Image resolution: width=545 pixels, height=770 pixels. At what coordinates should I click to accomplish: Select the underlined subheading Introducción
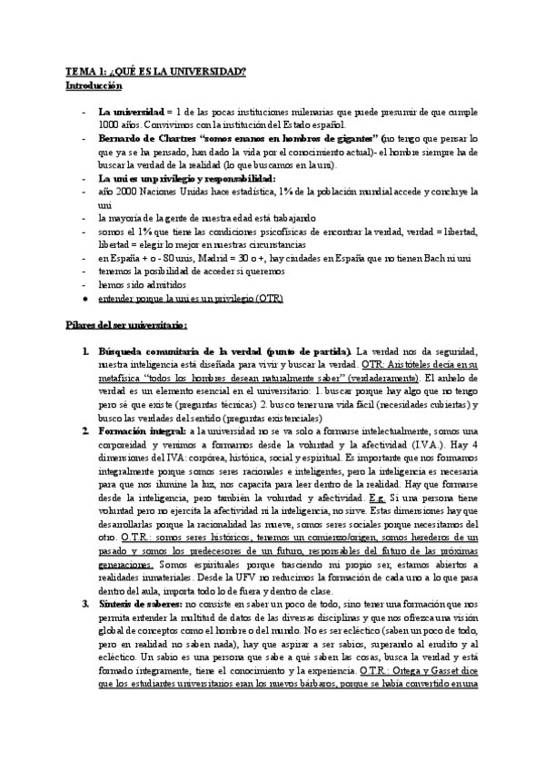(x=94, y=85)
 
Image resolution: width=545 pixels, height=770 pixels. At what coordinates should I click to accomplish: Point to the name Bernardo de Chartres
(x=147, y=139)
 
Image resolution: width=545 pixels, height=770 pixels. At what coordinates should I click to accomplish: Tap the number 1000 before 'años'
(x=109, y=124)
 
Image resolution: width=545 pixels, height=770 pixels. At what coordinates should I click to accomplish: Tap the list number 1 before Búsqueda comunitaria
(x=84, y=350)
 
